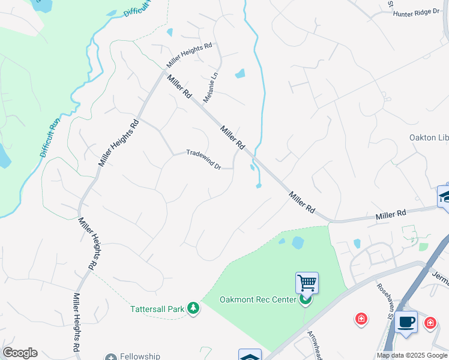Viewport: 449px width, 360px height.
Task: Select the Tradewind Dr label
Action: [203, 159]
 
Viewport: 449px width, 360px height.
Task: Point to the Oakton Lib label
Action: [429, 137]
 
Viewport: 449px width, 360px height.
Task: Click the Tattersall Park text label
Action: [157, 309]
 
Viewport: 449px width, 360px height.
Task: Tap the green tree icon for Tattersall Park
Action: [193, 308]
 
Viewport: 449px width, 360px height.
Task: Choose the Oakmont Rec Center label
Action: [258, 299]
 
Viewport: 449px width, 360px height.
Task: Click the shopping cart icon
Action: [307, 282]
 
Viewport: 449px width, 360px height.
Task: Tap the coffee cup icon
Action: [406, 321]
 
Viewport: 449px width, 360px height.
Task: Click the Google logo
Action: [20, 353]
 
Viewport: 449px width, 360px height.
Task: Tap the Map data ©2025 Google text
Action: [412, 355]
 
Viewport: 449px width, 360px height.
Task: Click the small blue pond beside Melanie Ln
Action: [240, 74]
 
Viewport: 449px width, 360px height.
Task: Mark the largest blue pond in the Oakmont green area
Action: [297, 243]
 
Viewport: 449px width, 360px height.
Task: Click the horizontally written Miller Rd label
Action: [391, 214]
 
